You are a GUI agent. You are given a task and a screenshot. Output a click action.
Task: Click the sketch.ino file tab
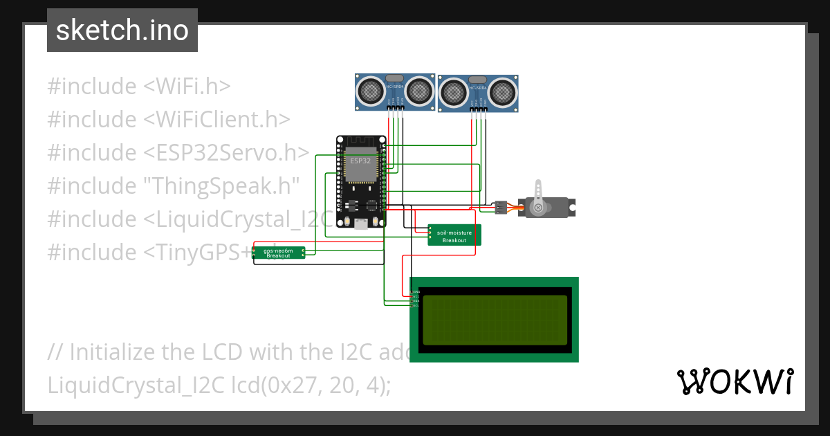pyautogui.click(x=122, y=30)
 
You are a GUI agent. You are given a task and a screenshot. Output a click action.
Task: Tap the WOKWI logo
pyautogui.click(x=734, y=381)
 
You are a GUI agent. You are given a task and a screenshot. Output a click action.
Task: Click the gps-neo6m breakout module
pyautogui.click(x=278, y=253)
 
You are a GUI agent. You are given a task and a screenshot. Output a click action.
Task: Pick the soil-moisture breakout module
pyautogui.click(x=454, y=235)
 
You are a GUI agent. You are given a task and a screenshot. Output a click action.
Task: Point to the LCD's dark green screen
pyautogui.click(x=494, y=320)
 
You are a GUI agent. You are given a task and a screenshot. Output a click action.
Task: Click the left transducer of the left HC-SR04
pyautogui.click(x=371, y=90)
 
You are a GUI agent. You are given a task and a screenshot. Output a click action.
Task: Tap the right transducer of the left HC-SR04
pyautogui.click(x=418, y=90)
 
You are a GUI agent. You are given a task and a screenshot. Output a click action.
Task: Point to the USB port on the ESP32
pyautogui.click(x=360, y=223)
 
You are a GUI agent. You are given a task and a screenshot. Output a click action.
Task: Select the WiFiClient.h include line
pyautogui.click(x=168, y=120)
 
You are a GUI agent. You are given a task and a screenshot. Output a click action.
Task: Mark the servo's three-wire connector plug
pyautogui.click(x=501, y=206)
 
